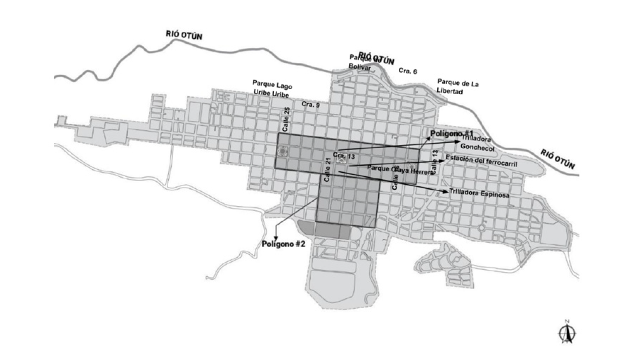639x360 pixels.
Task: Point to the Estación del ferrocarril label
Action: point(481,159)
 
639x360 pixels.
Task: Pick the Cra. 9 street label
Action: point(311,104)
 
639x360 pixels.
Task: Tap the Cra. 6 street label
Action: point(408,71)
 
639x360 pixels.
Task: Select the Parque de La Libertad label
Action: point(457,86)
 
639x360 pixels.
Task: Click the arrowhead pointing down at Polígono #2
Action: point(276,236)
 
